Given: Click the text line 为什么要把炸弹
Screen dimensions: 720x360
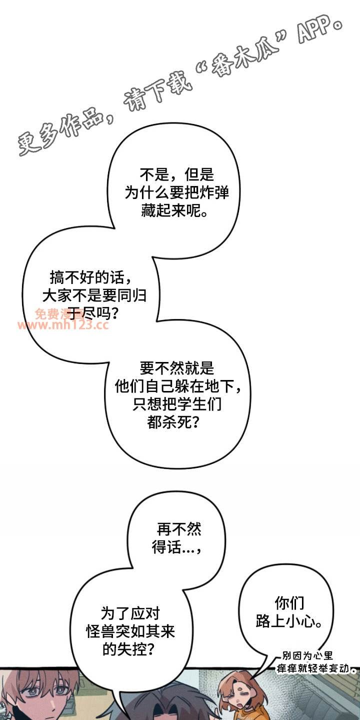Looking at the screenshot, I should tap(176, 193).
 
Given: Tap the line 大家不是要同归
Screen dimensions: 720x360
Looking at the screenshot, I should tap(94, 295).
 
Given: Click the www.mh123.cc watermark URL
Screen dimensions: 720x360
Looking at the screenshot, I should tap(63, 326).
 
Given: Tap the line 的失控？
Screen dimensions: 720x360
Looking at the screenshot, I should tap(127, 649).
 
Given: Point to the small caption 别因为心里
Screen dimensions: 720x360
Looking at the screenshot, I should tap(307, 656).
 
